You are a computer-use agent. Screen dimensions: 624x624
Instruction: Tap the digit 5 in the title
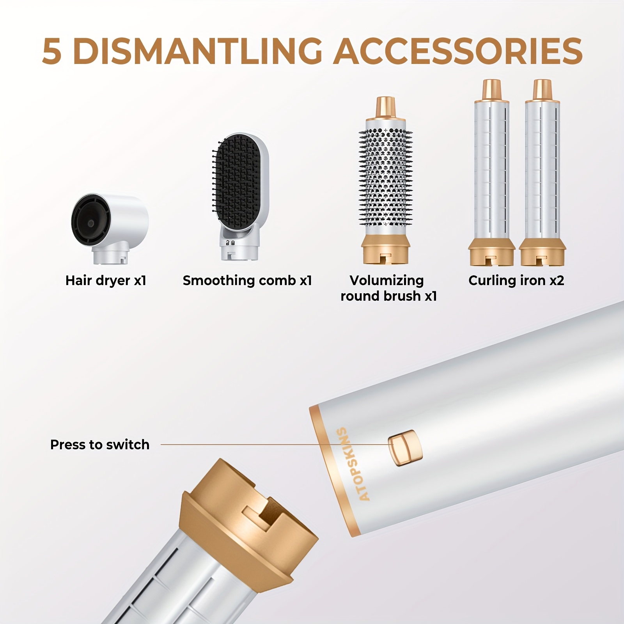coord(52,51)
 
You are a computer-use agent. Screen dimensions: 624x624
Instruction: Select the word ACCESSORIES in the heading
coord(458,51)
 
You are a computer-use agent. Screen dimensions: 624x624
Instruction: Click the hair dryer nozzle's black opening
coord(90,223)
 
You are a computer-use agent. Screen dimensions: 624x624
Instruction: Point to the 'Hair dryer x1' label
coord(106,280)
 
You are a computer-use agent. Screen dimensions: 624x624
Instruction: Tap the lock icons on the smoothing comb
coord(230,243)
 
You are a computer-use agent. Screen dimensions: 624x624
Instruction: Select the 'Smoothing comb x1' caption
coord(247,280)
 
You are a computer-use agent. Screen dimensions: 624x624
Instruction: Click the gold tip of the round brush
coord(386,108)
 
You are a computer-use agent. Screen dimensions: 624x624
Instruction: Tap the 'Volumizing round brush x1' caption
coord(388,288)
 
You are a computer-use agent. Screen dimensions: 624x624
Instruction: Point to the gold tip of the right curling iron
coord(543,90)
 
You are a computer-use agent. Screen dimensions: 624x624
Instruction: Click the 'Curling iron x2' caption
coord(516,280)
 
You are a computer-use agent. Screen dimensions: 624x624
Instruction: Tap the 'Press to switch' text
coord(100,445)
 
